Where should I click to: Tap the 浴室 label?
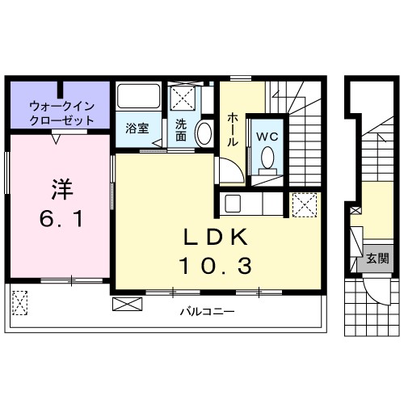tap(137, 127)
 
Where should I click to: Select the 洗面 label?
tap(181, 130)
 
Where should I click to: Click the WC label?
tap(267, 137)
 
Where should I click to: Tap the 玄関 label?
tap(377, 259)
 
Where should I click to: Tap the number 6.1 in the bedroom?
tap(61, 219)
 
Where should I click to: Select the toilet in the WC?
tap(267, 158)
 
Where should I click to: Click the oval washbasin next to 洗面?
tap(204, 133)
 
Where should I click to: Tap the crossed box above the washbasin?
tap(183, 99)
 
